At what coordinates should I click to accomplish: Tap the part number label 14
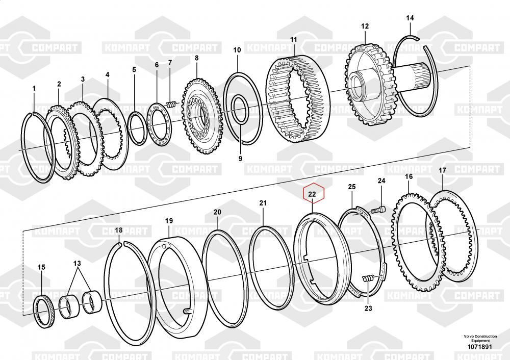click(x=410, y=18)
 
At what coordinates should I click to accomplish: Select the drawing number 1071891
click(x=480, y=348)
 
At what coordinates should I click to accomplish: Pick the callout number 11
click(x=293, y=39)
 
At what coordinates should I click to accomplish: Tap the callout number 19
click(x=169, y=220)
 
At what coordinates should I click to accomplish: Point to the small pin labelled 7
click(x=172, y=105)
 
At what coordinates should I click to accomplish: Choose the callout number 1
click(x=34, y=88)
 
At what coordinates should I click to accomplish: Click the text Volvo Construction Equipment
click(x=480, y=339)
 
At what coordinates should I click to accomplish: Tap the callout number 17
click(x=442, y=170)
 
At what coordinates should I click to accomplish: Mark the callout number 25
click(x=351, y=187)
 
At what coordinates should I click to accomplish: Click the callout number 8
click(x=196, y=58)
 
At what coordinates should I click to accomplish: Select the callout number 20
click(x=217, y=212)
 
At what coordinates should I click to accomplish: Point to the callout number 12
click(x=365, y=26)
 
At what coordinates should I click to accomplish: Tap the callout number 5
click(x=134, y=69)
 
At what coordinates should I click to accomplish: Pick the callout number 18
click(x=118, y=230)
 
